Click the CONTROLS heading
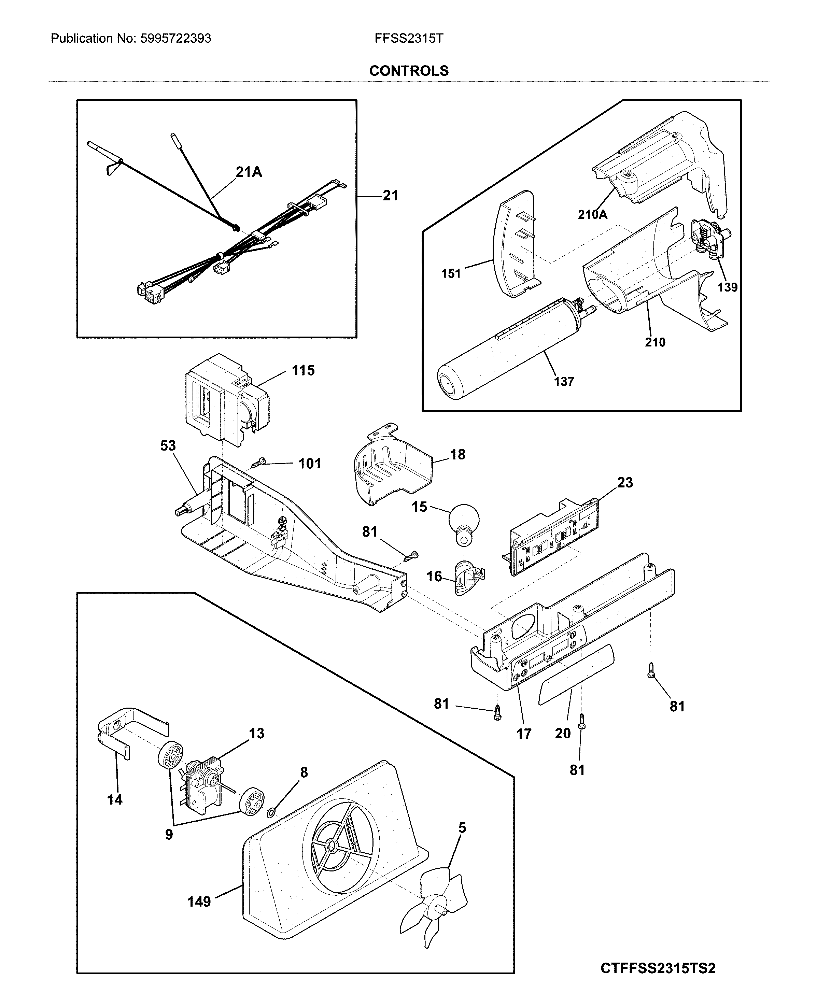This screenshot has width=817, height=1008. pos(408,71)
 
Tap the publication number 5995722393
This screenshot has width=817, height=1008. pos(175,39)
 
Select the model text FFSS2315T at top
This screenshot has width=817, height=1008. pos(408,39)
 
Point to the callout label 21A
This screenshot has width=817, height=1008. pos(249,172)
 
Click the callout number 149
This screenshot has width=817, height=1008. pos(199,901)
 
